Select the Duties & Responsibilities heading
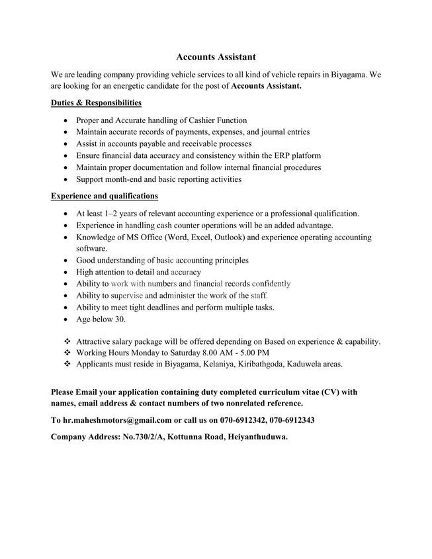[96, 103]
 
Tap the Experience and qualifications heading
[104, 196]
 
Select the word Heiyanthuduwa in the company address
[259, 437]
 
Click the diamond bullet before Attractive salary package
[67, 341]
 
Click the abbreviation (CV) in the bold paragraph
[320, 392]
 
